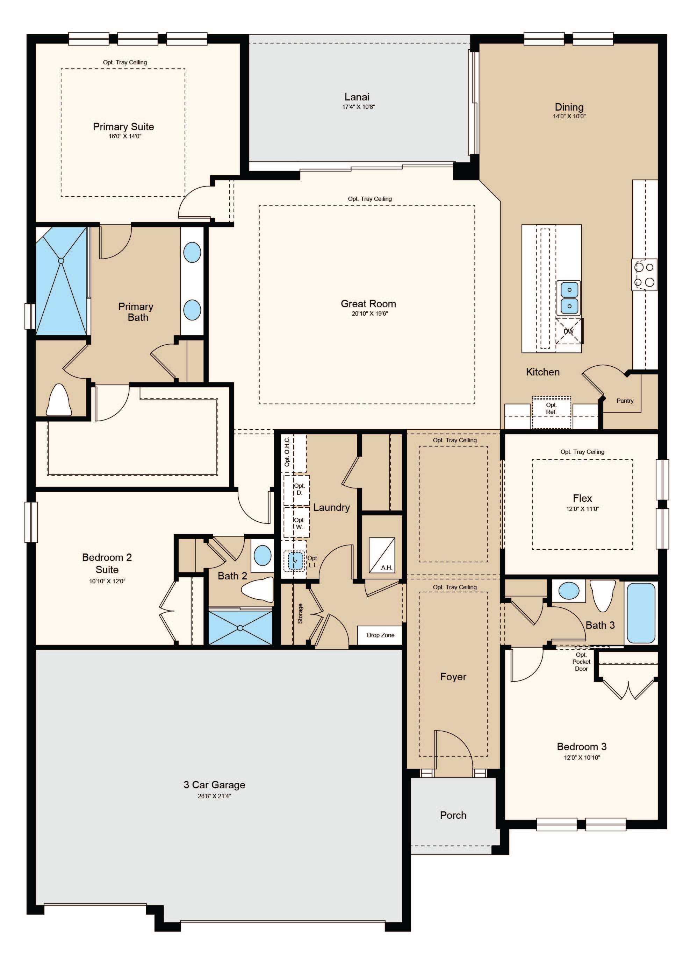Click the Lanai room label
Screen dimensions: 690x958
(357, 97)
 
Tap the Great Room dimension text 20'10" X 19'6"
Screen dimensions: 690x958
(368, 314)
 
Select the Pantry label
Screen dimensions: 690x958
(625, 400)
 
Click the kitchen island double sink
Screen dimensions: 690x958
(568, 298)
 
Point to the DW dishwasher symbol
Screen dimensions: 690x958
(569, 331)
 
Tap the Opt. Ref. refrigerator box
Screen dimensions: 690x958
(551, 412)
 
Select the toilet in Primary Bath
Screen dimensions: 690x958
(59, 400)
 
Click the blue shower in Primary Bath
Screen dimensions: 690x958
(62, 281)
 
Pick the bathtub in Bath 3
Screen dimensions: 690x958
(641, 613)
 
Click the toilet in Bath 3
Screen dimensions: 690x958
(602, 596)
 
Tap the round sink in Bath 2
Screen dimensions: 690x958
(263, 556)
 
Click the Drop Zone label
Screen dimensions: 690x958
(380, 635)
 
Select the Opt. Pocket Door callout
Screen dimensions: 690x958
(581, 662)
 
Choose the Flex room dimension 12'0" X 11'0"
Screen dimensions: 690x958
(582, 509)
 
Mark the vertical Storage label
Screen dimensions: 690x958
(300, 613)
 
